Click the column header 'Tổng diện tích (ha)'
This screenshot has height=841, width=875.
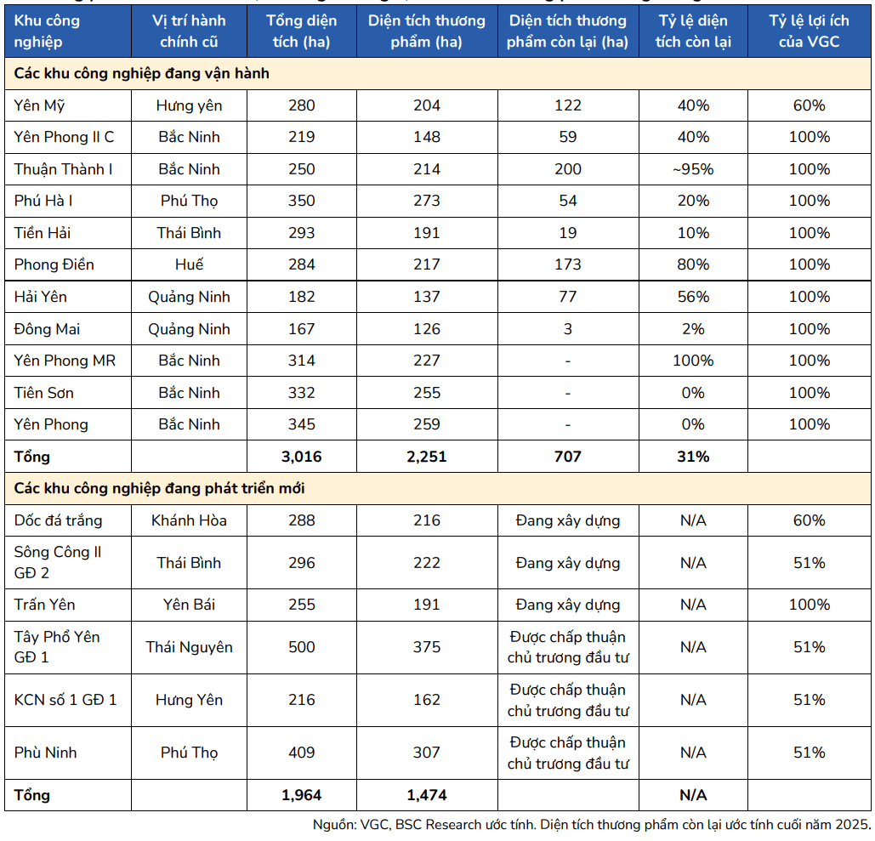(x=301, y=31)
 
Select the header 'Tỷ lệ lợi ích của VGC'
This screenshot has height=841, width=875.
(x=810, y=31)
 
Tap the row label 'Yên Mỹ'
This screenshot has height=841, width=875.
(x=40, y=106)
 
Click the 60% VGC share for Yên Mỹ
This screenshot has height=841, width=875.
(x=810, y=105)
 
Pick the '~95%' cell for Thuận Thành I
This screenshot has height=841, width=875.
(x=693, y=169)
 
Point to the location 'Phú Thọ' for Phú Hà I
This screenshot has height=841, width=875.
(x=189, y=202)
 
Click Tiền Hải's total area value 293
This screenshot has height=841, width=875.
(x=301, y=233)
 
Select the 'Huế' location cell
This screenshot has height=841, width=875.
(x=189, y=264)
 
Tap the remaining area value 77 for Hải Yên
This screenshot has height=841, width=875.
(x=567, y=296)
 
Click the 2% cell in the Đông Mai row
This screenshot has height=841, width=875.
(x=693, y=329)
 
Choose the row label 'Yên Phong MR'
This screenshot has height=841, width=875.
(x=65, y=361)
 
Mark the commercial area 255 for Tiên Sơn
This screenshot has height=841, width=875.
(x=427, y=393)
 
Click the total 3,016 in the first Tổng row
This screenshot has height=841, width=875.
(x=301, y=457)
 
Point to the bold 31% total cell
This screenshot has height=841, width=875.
(x=693, y=457)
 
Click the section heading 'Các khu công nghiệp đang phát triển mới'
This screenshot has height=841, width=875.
(x=159, y=489)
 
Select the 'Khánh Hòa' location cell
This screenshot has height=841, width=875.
(x=189, y=520)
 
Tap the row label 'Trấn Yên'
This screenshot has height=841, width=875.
(x=44, y=605)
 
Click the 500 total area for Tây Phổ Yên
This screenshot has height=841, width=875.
(x=301, y=647)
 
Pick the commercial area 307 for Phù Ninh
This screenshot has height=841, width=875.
(x=427, y=753)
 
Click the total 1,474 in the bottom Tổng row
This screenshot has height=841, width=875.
(x=427, y=795)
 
